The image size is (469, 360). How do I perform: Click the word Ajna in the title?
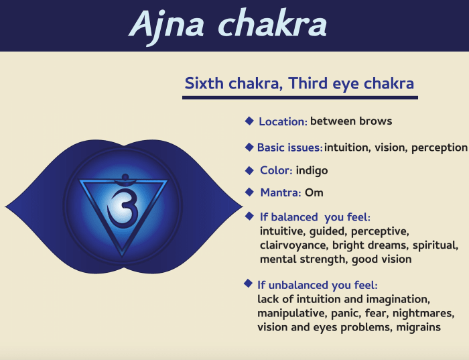(174, 24)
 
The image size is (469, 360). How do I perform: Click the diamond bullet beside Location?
(249, 121)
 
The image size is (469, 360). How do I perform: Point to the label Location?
(283, 122)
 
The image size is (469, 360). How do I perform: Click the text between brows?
(351, 121)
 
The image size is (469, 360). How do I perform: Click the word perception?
(438, 147)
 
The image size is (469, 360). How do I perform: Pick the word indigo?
(312, 170)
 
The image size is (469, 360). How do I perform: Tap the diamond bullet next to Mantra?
(249, 192)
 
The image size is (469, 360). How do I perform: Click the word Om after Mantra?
(314, 193)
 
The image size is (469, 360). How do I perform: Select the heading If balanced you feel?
(315, 217)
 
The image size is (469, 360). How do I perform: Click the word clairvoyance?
(290, 245)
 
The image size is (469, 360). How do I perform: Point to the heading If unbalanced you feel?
(318, 285)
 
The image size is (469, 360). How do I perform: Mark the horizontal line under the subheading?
(299, 98)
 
